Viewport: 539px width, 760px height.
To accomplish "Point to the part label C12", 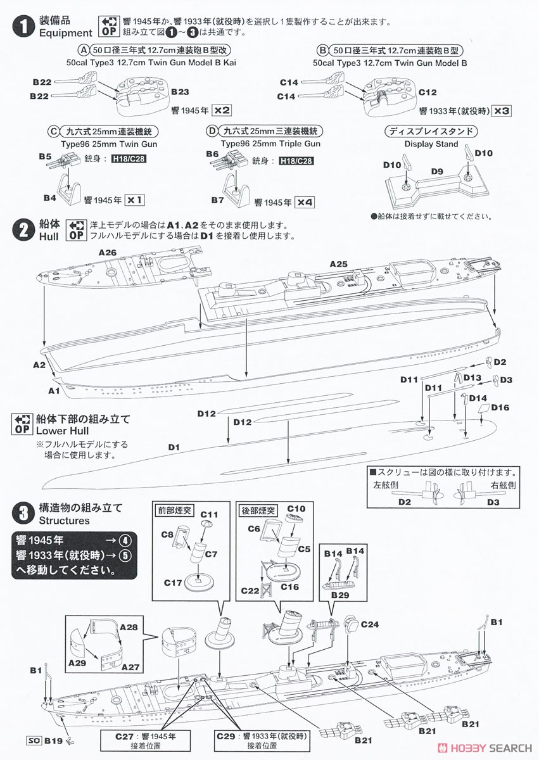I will coord(428,92).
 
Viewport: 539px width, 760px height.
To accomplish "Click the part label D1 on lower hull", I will coord(174,447).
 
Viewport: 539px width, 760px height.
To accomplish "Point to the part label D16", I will coord(500,407).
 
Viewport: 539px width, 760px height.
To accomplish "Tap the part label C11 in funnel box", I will coord(209,514).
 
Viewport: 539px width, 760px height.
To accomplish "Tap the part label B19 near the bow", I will coord(53,738).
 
